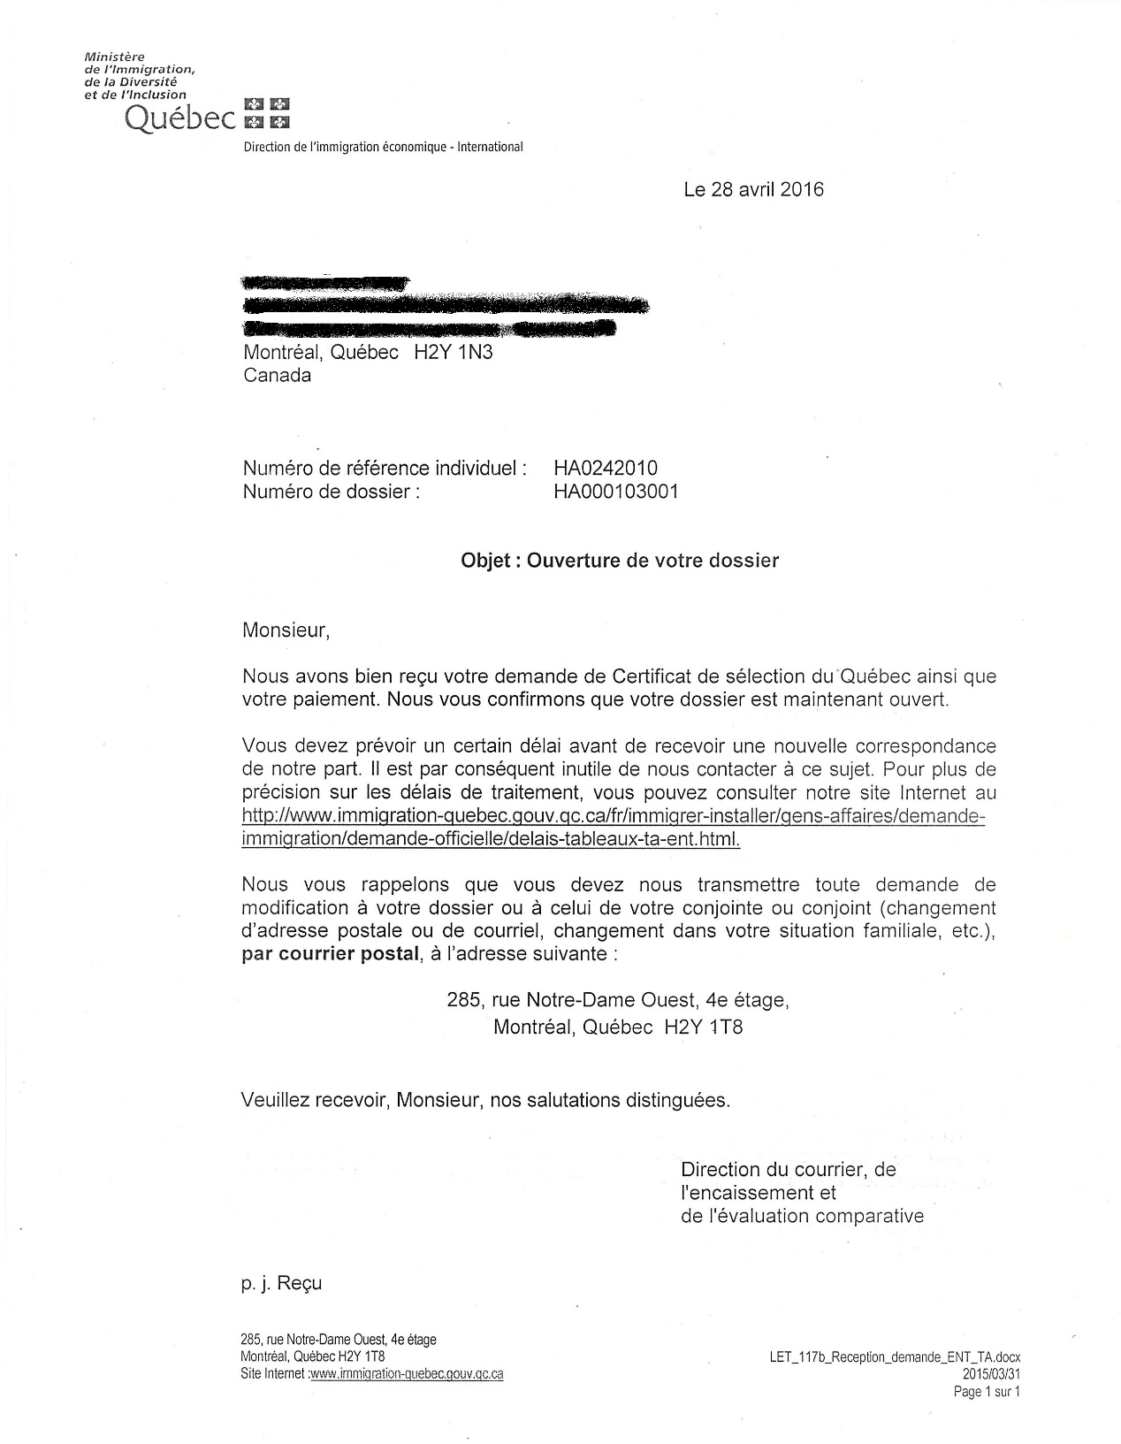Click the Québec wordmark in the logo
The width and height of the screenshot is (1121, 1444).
[x=180, y=118]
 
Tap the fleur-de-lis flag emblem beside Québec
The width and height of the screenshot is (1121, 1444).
[x=267, y=112]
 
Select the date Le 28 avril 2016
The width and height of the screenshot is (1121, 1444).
[x=753, y=189]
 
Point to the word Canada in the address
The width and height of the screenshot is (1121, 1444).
[x=277, y=375]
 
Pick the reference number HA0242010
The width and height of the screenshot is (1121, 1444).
[x=606, y=468]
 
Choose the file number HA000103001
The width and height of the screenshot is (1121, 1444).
[x=616, y=491]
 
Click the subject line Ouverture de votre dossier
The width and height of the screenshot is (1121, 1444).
[x=652, y=560]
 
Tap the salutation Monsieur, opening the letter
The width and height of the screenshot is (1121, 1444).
[x=286, y=630]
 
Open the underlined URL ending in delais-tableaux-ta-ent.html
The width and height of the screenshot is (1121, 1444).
[x=612, y=828]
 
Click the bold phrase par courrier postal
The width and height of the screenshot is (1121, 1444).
[x=330, y=954]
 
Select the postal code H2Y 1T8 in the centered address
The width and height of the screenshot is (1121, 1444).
[x=704, y=1027]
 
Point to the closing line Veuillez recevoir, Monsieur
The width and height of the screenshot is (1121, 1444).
[x=485, y=1100]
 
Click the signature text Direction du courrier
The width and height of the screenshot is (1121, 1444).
[x=788, y=1169]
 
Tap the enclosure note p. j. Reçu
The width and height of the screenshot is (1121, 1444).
[x=281, y=1283]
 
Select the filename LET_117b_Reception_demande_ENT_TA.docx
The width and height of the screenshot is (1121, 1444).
[x=895, y=1357]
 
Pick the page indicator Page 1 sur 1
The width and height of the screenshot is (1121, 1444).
[x=987, y=1392]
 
